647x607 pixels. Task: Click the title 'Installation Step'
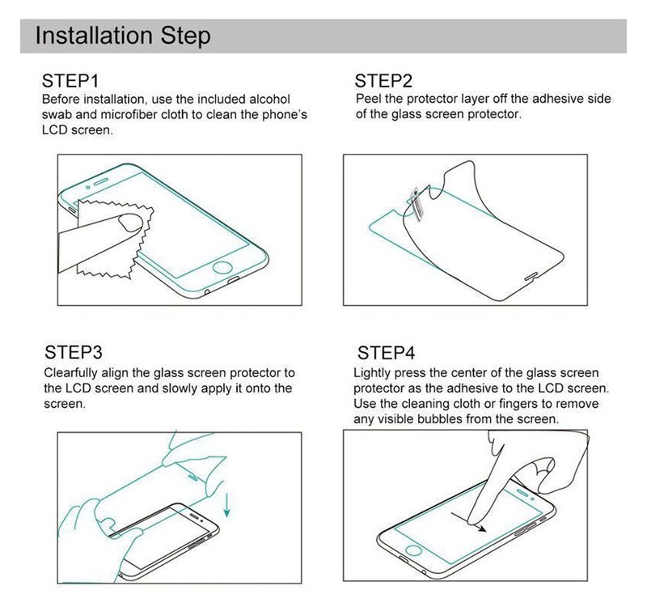[x=123, y=36]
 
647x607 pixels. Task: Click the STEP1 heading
[x=70, y=81]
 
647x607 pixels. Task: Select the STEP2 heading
[x=383, y=81]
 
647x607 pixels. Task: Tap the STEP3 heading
[x=74, y=352]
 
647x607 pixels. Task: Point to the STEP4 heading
[x=387, y=353]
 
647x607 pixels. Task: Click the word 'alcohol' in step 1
[x=270, y=99]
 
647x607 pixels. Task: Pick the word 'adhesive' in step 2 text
[x=556, y=99]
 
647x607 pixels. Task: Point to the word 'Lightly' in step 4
[x=372, y=373]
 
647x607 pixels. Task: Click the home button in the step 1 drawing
[x=222, y=267]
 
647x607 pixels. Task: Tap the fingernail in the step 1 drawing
[x=131, y=222]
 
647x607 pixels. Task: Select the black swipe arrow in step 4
[x=469, y=522]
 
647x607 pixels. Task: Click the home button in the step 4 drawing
[x=413, y=550]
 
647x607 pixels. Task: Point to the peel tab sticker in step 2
[x=417, y=204]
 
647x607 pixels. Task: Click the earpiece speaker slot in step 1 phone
[x=100, y=182]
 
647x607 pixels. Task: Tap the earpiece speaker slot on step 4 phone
[x=522, y=493]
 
